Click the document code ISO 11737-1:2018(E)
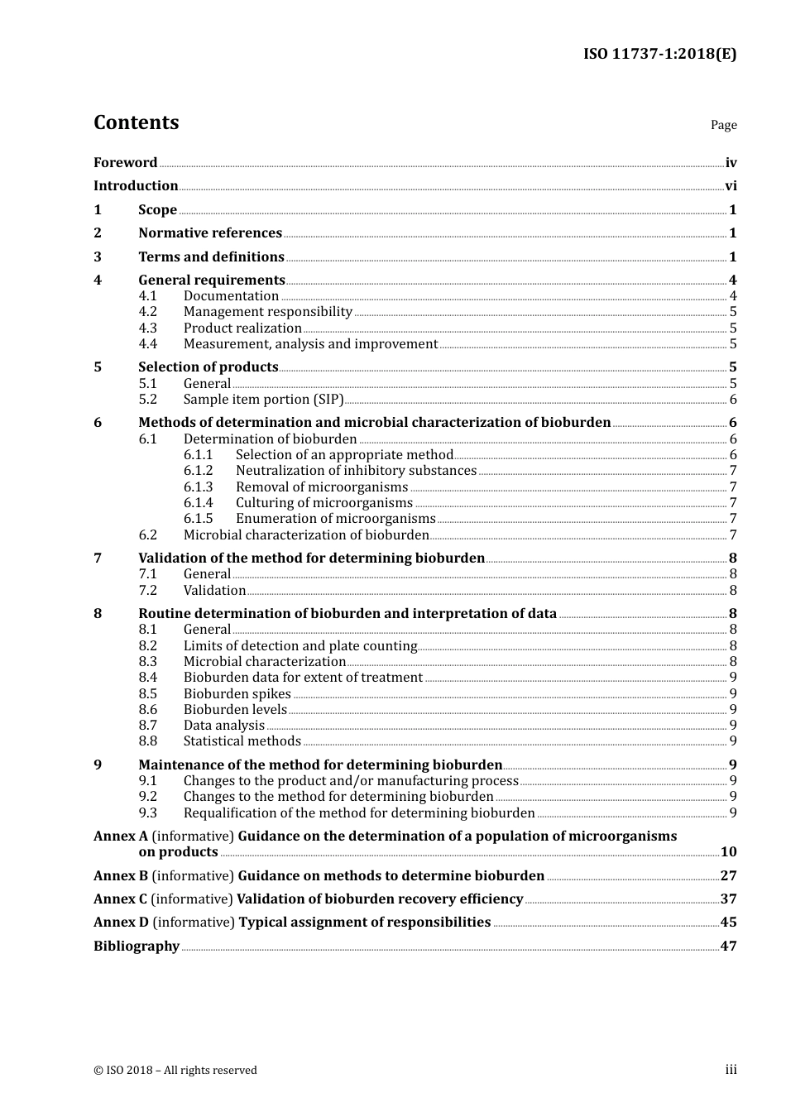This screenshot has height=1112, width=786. (659, 54)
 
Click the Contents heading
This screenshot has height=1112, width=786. (136, 122)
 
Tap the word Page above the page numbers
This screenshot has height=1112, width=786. (723, 125)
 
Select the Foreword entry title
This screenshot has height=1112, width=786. (125, 163)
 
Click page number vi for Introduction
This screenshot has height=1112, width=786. (731, 186)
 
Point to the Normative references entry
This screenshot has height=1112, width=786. (210, 233)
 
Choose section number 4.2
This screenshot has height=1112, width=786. (147, 312)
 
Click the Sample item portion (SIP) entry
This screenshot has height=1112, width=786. (263, 400)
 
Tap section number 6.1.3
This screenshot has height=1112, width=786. (198, 487)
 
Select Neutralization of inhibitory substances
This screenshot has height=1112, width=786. (356, 471)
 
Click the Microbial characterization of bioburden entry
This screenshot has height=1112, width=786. (306, 535)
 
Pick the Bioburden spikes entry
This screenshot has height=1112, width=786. (237, 694)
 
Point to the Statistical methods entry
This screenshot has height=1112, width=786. (242, 741)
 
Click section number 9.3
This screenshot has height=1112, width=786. (147, 813)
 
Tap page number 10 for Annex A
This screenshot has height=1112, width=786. (728, 852)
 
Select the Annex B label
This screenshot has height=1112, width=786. (121, 876)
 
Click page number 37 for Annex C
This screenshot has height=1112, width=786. (728, 899)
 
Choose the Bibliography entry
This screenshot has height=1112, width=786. (137, 947)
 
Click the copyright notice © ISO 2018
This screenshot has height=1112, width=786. (175, 1071)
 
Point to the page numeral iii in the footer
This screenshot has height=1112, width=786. (731, 1070)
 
